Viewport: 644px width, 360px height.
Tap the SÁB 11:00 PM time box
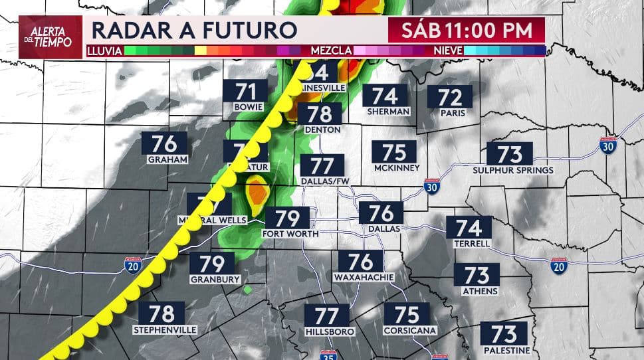[x=467, y=31]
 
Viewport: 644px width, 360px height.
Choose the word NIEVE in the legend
[x=448, y=50]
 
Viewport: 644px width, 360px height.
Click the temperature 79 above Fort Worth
[x=288, y=218]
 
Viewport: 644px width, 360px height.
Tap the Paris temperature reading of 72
[x=450, y=98]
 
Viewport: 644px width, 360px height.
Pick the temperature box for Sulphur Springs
[x=510, y=154]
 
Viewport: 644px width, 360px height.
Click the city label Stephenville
[x=165, y=329]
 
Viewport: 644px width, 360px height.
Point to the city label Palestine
[x=506, y=350]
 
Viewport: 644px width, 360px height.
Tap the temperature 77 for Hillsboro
[x=327, y=315]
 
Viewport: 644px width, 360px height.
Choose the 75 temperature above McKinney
[x=395, y=152]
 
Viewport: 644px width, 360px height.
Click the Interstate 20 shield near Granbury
[x=132, y=267]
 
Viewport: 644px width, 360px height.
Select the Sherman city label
[x=389, y=111]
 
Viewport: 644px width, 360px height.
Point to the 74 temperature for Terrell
[x=469, y=228]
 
